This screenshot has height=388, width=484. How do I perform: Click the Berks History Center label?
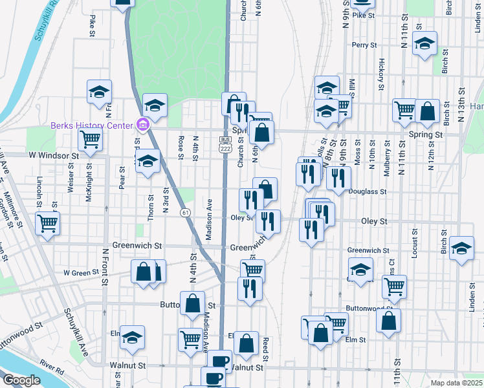pyautogui.click(x=91, y=125)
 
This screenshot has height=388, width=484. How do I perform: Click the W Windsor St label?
pyautogui.click(x=52, y=156)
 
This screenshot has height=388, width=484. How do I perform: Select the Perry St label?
pyautogui.click(x=364, y=45)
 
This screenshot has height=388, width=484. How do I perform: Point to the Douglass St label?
pyautogui.click(x=366, y=191)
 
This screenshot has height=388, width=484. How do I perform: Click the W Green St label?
pyautogui.click(x=79, y=273)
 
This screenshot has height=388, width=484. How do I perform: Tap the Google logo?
pyautogui.click(x=21, y=380)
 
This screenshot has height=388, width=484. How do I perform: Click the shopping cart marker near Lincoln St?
pyautogui.click(x=47, y=223)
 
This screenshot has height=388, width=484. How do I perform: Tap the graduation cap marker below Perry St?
pyautogui.click(x=424, y=44)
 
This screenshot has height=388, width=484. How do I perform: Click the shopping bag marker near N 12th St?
pyautogui.click(x=427, y=111)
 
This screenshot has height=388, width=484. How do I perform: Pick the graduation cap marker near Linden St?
pyautogui.click(x=461, y=248)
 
